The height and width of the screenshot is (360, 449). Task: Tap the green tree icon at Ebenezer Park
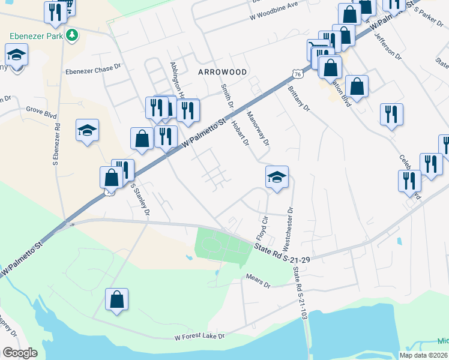[x=71, y=35]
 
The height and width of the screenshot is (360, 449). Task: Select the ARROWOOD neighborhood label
[x=222, y=71]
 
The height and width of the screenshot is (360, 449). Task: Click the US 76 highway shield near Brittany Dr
[x=298, y=73]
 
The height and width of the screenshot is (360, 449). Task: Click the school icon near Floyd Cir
[x=277, y=177]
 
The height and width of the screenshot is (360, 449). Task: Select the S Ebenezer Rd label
[x=56, y=145]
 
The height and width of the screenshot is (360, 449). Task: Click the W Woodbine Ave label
[x=276, y=5]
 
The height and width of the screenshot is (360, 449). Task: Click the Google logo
[x=20, y=353]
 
